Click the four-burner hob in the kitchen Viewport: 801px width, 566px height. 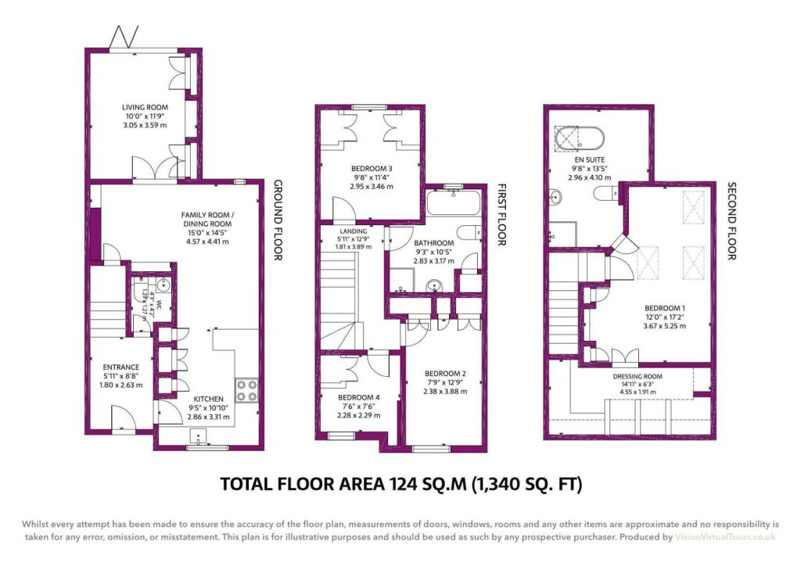(246, 389)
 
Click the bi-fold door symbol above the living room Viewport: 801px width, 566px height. (125, 36)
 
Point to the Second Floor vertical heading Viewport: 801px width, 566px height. (731, 222)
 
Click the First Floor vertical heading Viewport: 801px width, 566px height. (502, 215)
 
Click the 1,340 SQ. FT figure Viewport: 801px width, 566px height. (527, 485)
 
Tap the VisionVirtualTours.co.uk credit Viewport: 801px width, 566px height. (725, 538)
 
